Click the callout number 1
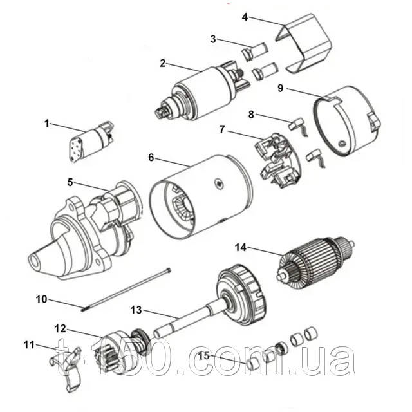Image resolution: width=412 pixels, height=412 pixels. coord(46,122)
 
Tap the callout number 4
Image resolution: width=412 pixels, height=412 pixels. coord(245,16)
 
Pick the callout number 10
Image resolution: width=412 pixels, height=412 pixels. coord(41,299)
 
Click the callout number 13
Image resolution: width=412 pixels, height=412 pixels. coord(135,310)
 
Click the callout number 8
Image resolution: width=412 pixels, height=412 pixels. coord(252,115)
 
